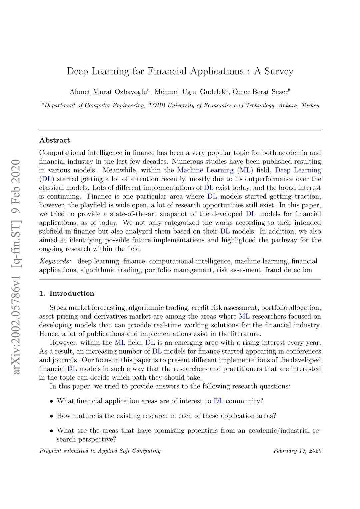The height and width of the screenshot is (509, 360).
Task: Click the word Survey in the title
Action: pyautogui.click(x=279, y=71)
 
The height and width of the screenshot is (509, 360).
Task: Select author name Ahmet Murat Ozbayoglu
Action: pyautogui.click(x=108, y=92)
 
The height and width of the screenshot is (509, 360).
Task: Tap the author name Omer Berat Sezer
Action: pyautogui.click(x=260, y=92)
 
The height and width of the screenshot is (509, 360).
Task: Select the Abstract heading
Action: pyautogui.click(x=55, y=140)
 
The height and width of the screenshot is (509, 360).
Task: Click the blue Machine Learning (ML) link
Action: pyautogui.click(x=215, y=170)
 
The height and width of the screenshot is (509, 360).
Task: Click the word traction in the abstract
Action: pyautogui.click(x=307, y=197)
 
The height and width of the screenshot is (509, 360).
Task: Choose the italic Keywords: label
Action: pyautogui.click(x=55, y=261)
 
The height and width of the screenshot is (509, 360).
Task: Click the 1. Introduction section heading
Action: pyautogui.click(x=67, y=293)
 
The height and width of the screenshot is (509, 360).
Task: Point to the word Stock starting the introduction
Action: pyautogui.click(x=58, y=308)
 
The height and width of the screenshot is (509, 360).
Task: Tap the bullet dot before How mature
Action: pyautogui.click(x=52, y=416)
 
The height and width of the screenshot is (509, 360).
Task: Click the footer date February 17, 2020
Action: pyautogui.click(x=297, y=451)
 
